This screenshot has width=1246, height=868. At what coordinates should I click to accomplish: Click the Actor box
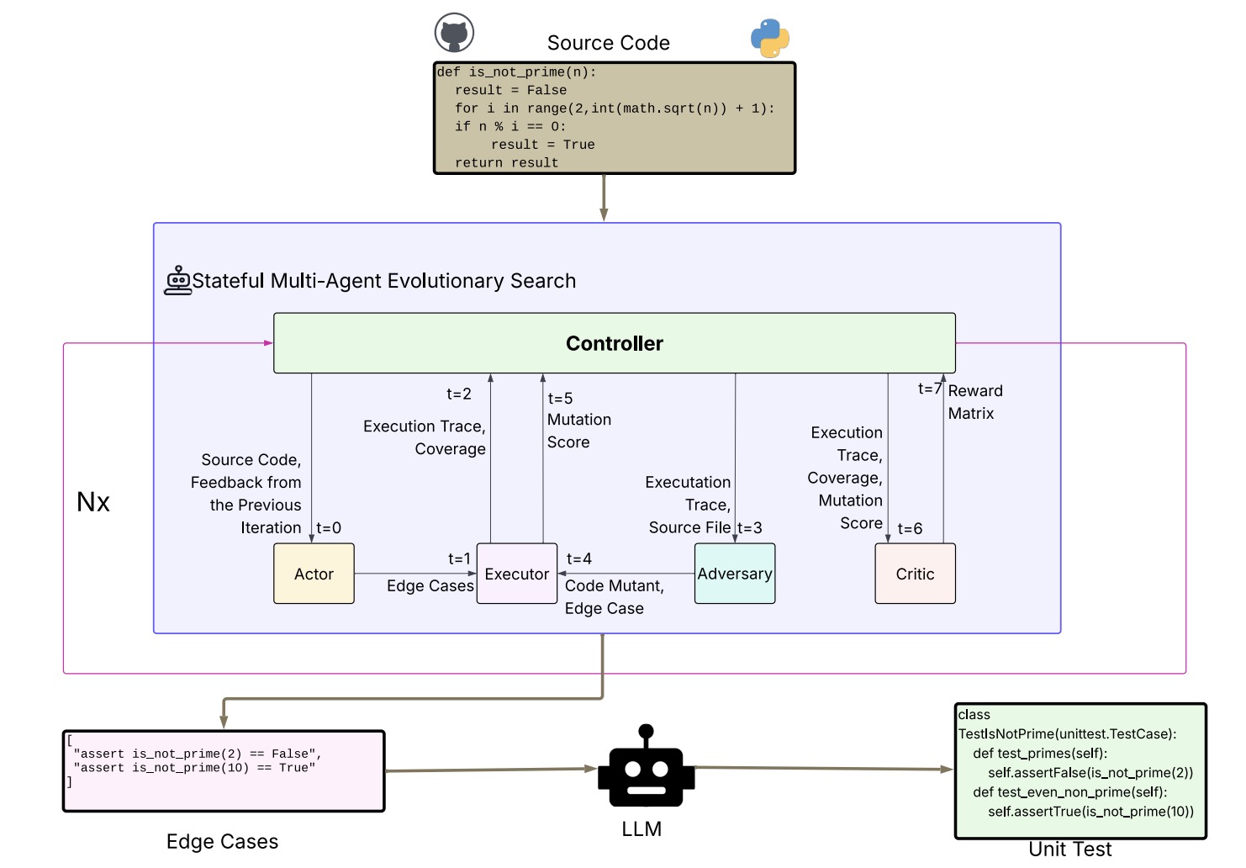point(314,574)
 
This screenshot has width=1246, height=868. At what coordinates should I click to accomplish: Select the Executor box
point(516,574)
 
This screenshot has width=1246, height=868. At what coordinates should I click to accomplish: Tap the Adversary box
point(734,574)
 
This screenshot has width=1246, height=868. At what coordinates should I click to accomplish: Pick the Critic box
point(915,574)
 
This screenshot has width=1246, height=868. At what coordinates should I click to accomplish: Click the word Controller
point(614,343)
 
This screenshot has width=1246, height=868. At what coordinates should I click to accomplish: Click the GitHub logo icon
point(454,34)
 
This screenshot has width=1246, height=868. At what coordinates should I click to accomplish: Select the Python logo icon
point(769,38)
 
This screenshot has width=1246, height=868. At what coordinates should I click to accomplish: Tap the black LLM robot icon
point(646,767)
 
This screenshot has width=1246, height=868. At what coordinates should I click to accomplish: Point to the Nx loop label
point(93,502)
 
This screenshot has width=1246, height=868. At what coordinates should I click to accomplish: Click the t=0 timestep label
point(329,528)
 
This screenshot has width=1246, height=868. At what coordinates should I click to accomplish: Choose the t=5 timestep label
point(560,399)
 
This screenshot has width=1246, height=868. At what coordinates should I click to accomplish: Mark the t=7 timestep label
point(929,389)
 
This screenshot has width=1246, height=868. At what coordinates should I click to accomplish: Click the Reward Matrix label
point(974,402)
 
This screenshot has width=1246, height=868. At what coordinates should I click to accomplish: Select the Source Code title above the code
point(608,43)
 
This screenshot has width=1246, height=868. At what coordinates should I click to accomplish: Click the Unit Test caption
point(1069,849)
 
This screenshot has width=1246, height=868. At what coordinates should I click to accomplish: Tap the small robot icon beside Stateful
point(177,281)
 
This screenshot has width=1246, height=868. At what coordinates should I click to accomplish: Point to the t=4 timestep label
point(578,558)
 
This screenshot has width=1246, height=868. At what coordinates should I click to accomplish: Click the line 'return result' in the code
point(506,163)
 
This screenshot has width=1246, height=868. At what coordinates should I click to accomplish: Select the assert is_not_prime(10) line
point(194,768)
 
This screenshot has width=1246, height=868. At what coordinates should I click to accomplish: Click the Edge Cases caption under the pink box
point(222,842)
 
